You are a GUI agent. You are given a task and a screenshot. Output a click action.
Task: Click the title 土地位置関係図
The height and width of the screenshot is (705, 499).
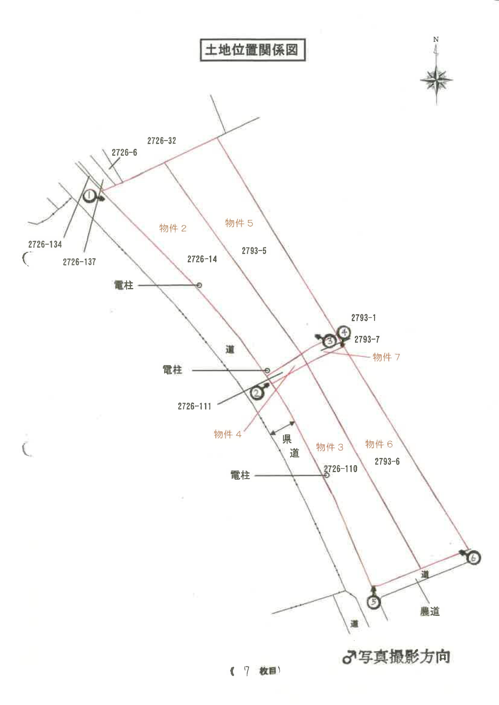pyautogui.click(x=252, y=50)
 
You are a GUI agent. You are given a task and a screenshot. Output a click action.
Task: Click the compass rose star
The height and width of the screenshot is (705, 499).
pyautogui.click(x=437, y=80)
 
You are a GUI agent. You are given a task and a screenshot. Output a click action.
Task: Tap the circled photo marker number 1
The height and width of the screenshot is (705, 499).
pyautogui.click(x=89, y=195)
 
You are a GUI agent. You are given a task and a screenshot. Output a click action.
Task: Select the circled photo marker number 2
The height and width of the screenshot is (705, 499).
pyautogui.click(x=257, y=393)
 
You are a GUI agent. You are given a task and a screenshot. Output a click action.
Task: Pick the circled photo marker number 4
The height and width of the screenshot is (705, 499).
pyautogui.click(x=344, y=333)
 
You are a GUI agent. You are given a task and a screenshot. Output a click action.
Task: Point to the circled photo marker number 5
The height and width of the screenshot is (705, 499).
pyautogui.click(x=374, y=602)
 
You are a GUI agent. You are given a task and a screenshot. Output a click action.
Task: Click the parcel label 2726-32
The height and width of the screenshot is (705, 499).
pyautogui.click(x=162, y=141)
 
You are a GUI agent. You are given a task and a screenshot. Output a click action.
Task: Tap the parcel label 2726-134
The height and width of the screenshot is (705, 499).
pyautogui.click(x=45, y=244)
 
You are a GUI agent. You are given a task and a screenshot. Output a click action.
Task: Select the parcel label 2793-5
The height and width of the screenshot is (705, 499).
pyautogui.click(x=254, y=251)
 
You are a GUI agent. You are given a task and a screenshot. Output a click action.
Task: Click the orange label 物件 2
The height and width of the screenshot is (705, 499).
pyautogui.click(x=173, y=228)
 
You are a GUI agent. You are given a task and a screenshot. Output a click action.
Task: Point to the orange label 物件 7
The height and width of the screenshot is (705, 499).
pyautogui.click(x=386, y=357)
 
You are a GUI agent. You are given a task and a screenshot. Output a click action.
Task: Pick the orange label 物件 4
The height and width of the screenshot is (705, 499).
pyautogui.click(x=228, y=434)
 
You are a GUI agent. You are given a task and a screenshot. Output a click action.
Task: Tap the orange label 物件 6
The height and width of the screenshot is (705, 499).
pyautogui.click(x=379, y=444)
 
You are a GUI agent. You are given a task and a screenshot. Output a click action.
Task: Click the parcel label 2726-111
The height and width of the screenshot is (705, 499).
pyautogui.click(x=195, y=406)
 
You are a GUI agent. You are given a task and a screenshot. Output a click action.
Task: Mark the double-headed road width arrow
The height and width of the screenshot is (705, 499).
pyautogui.click(x=282, y=428)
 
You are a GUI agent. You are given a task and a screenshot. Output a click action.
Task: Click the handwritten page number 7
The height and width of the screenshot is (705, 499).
pyautogui.click(x=246, y=671)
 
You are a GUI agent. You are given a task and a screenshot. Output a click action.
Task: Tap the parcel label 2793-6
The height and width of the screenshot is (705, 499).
pyautogui.click(x=387, y=461)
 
